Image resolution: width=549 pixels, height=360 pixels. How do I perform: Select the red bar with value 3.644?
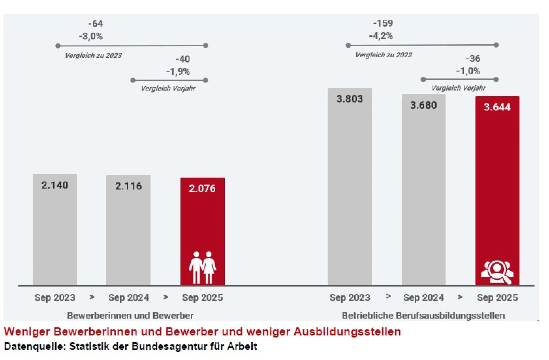[497, 186]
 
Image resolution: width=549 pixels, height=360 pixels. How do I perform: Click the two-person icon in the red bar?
[202, 267]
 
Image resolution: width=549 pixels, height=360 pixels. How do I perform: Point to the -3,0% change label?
[91, 36]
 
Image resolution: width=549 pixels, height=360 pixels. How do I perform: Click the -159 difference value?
[383, 23]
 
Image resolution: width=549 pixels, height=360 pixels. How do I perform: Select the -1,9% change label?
[178, 71]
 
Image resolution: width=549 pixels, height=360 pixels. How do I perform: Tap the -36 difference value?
[473, 59]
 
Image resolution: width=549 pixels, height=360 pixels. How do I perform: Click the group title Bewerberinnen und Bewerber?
[130, 315]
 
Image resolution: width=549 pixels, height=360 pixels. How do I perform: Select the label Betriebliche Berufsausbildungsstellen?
[423, 315]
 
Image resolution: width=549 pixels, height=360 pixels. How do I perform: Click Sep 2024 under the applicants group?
[129, 297]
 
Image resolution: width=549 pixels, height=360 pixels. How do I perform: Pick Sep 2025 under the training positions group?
[497, 297]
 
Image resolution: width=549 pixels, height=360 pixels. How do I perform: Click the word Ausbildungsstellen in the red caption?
[347, 332]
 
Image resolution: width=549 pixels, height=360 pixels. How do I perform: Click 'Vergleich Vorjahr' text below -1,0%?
[458, 88]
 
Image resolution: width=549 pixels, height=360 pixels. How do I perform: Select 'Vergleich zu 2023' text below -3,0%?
[94, 55]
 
